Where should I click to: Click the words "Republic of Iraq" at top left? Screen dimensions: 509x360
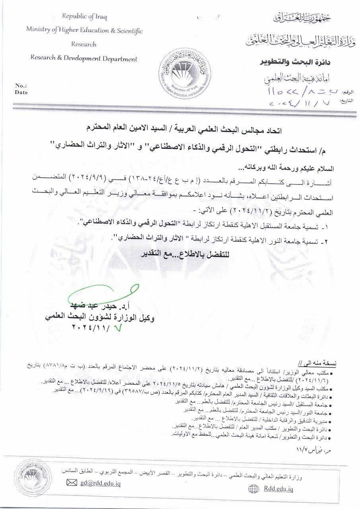pos(84,16)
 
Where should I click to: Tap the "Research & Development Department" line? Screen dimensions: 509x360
pos(84,59)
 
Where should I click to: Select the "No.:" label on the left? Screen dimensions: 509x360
pos(21,85)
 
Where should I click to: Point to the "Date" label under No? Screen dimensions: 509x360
pos(21,92)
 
